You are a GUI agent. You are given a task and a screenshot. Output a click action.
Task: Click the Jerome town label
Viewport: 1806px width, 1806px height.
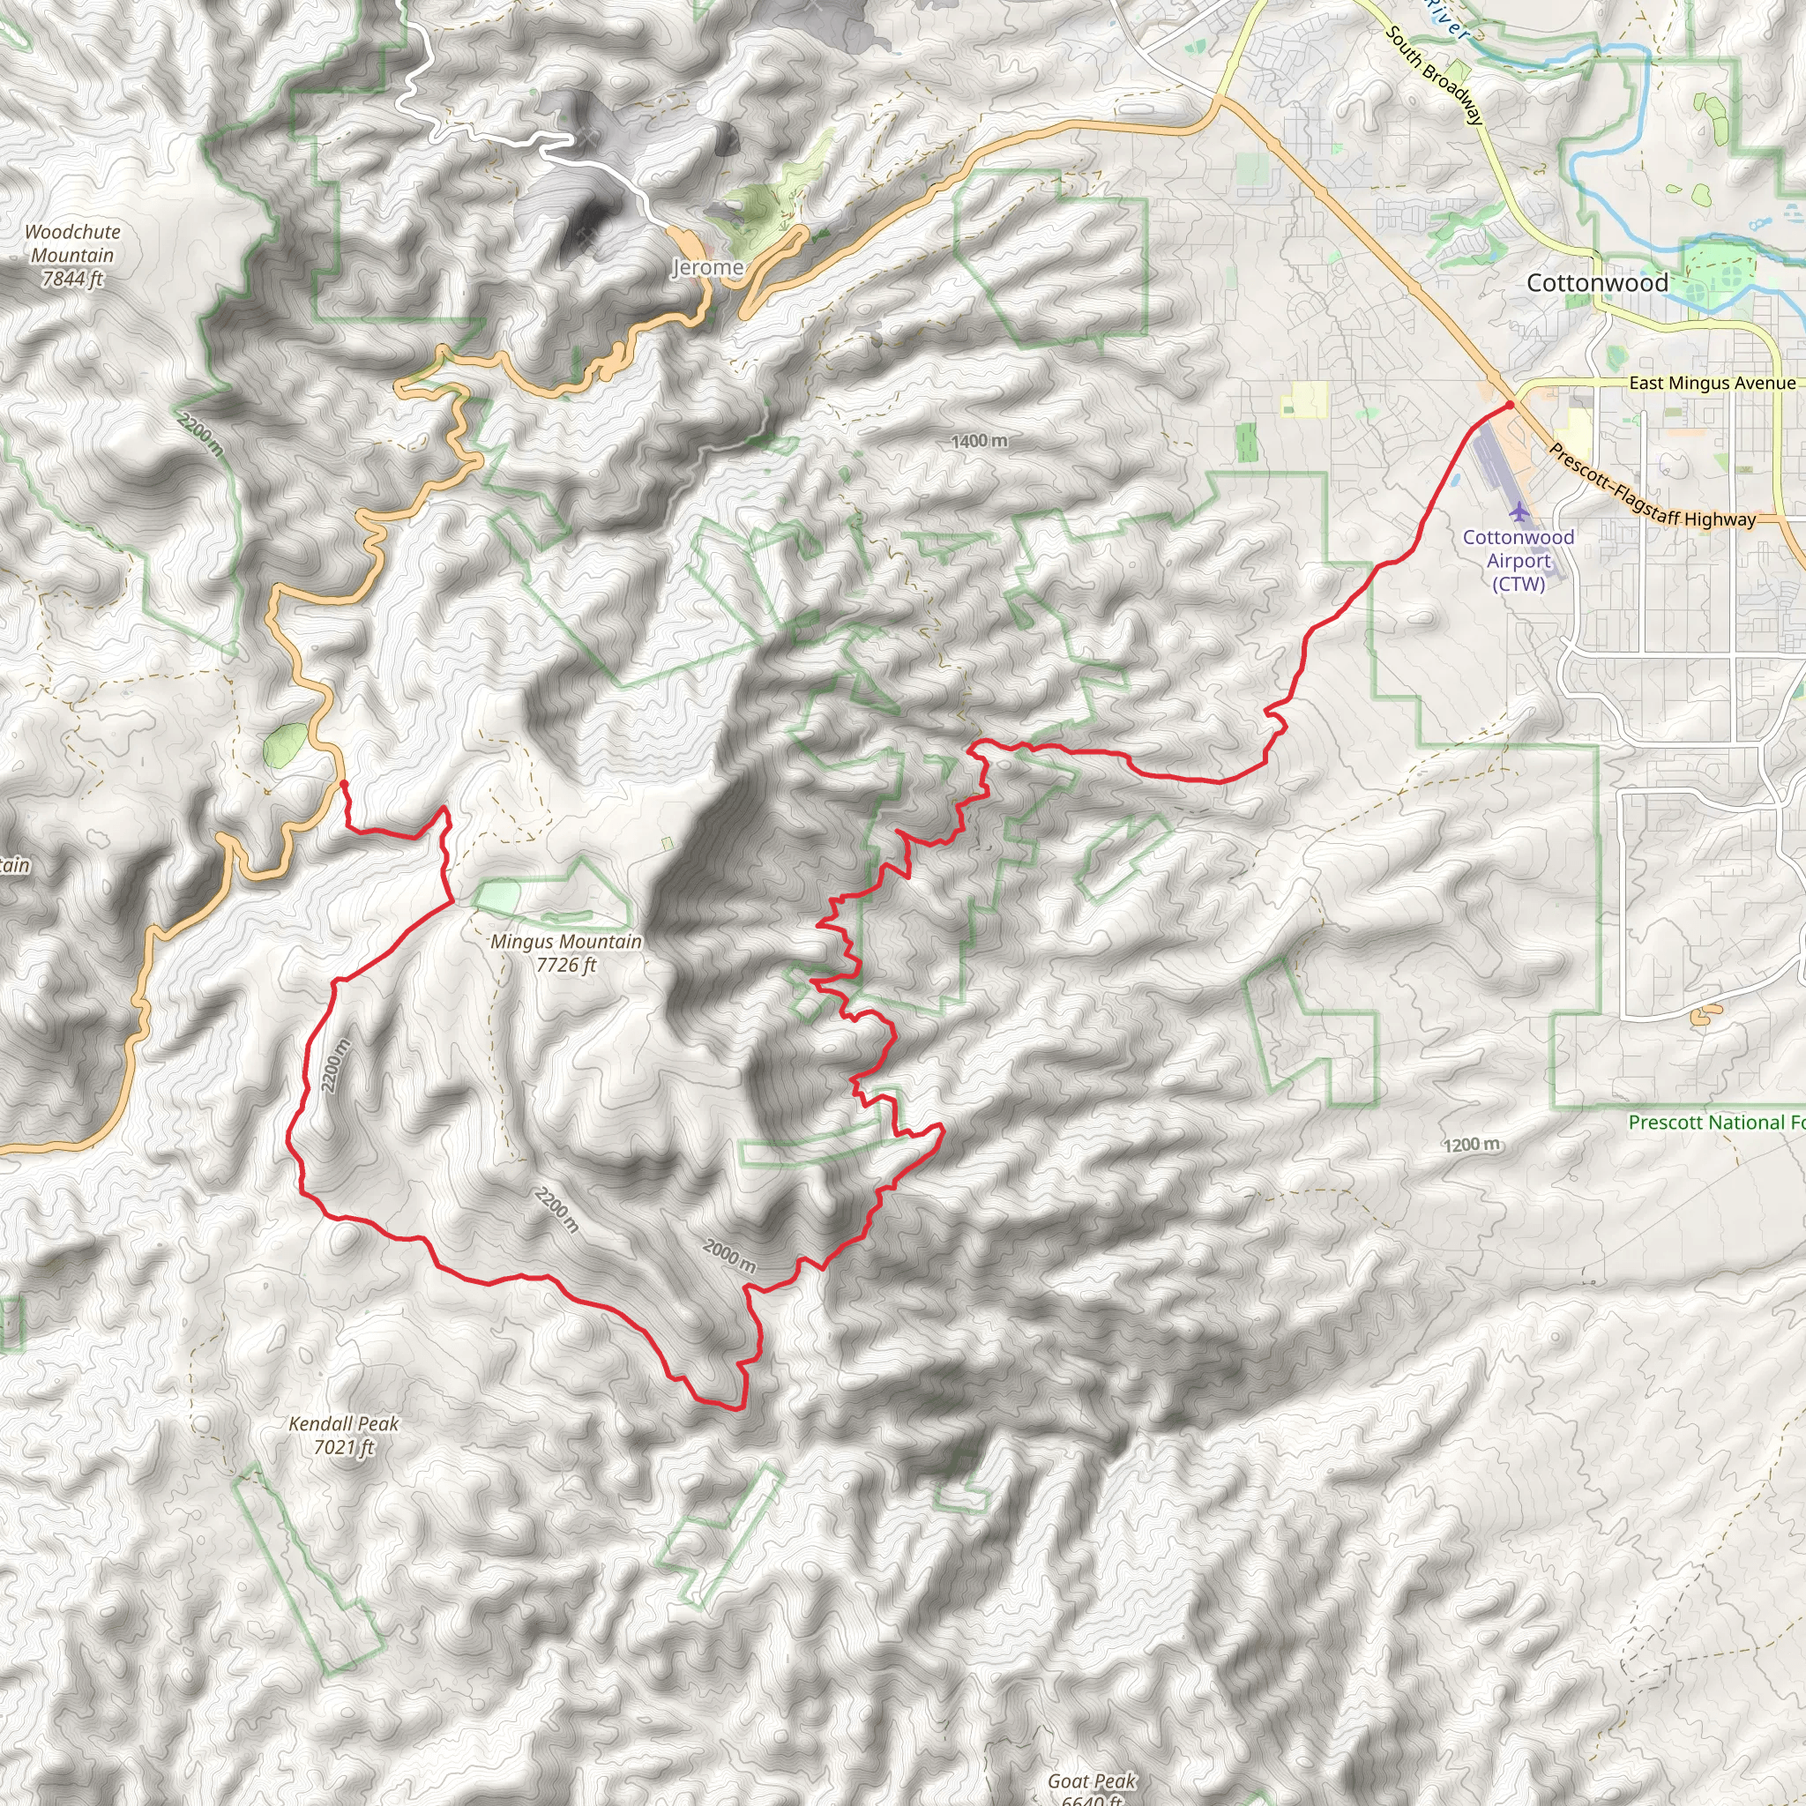coord(707,267)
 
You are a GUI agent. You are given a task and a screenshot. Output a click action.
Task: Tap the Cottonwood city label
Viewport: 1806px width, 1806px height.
coord(1597,282)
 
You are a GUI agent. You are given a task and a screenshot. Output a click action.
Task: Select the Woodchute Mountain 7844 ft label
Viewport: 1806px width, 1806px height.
coord(72,255)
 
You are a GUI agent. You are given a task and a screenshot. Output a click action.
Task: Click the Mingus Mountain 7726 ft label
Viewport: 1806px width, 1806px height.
coord(565,952)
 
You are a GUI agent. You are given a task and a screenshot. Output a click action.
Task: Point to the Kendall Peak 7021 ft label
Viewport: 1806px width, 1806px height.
coord(343,1435)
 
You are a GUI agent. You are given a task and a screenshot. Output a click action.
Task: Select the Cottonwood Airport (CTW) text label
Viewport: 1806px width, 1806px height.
coord(1519,560)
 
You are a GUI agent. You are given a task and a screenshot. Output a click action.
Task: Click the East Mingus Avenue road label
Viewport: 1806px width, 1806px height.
coord(1712,384)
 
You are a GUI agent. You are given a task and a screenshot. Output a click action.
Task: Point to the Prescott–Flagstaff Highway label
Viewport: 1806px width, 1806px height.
coord(1652,487)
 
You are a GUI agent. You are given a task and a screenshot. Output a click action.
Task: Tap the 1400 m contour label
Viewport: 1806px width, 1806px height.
coord(979,440)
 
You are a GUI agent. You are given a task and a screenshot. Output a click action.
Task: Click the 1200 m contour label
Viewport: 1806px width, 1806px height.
coord(1472,1144)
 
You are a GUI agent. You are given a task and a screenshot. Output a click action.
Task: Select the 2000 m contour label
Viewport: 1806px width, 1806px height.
coord(729,1256)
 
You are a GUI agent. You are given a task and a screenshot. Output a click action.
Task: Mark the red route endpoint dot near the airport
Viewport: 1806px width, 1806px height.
coord(1510,405)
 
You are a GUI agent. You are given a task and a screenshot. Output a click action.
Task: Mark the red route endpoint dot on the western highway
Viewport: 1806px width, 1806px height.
coord(343,783)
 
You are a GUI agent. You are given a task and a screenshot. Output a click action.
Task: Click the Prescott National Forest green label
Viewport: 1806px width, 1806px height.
coord(1715,1122)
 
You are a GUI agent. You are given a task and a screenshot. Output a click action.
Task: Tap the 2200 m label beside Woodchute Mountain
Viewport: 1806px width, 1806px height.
coord(201,435)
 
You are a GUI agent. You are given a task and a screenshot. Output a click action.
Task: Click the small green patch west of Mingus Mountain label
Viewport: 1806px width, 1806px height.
coord(496,897)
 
